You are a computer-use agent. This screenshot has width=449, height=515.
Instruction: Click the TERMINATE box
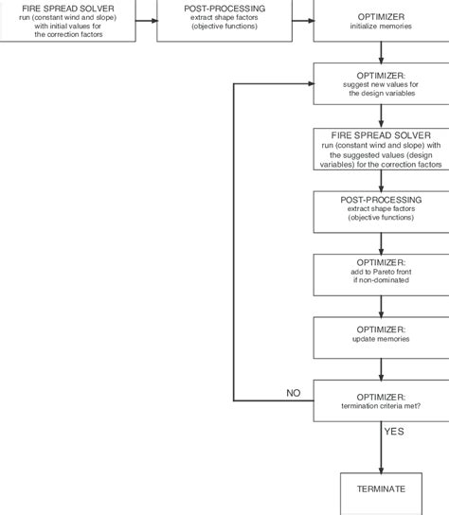click(381, 489)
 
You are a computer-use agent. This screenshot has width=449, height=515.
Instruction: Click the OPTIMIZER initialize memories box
click(381, 20)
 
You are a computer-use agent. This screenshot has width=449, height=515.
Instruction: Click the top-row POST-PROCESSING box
click(224, 20)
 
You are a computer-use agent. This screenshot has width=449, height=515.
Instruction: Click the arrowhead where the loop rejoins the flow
click(308, 84)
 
